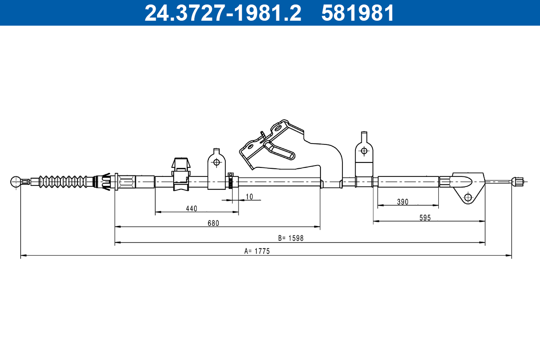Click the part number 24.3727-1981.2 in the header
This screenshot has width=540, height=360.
223,13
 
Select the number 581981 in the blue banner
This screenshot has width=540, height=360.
358,13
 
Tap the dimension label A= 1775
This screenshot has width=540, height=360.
257,251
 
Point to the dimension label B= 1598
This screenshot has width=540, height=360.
291,238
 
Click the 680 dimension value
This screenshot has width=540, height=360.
213,223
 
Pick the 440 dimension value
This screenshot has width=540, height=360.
192,208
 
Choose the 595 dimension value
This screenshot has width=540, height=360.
425,218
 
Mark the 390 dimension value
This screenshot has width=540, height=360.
403,202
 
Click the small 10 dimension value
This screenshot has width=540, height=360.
249,197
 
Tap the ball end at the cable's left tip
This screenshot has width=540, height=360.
16,181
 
